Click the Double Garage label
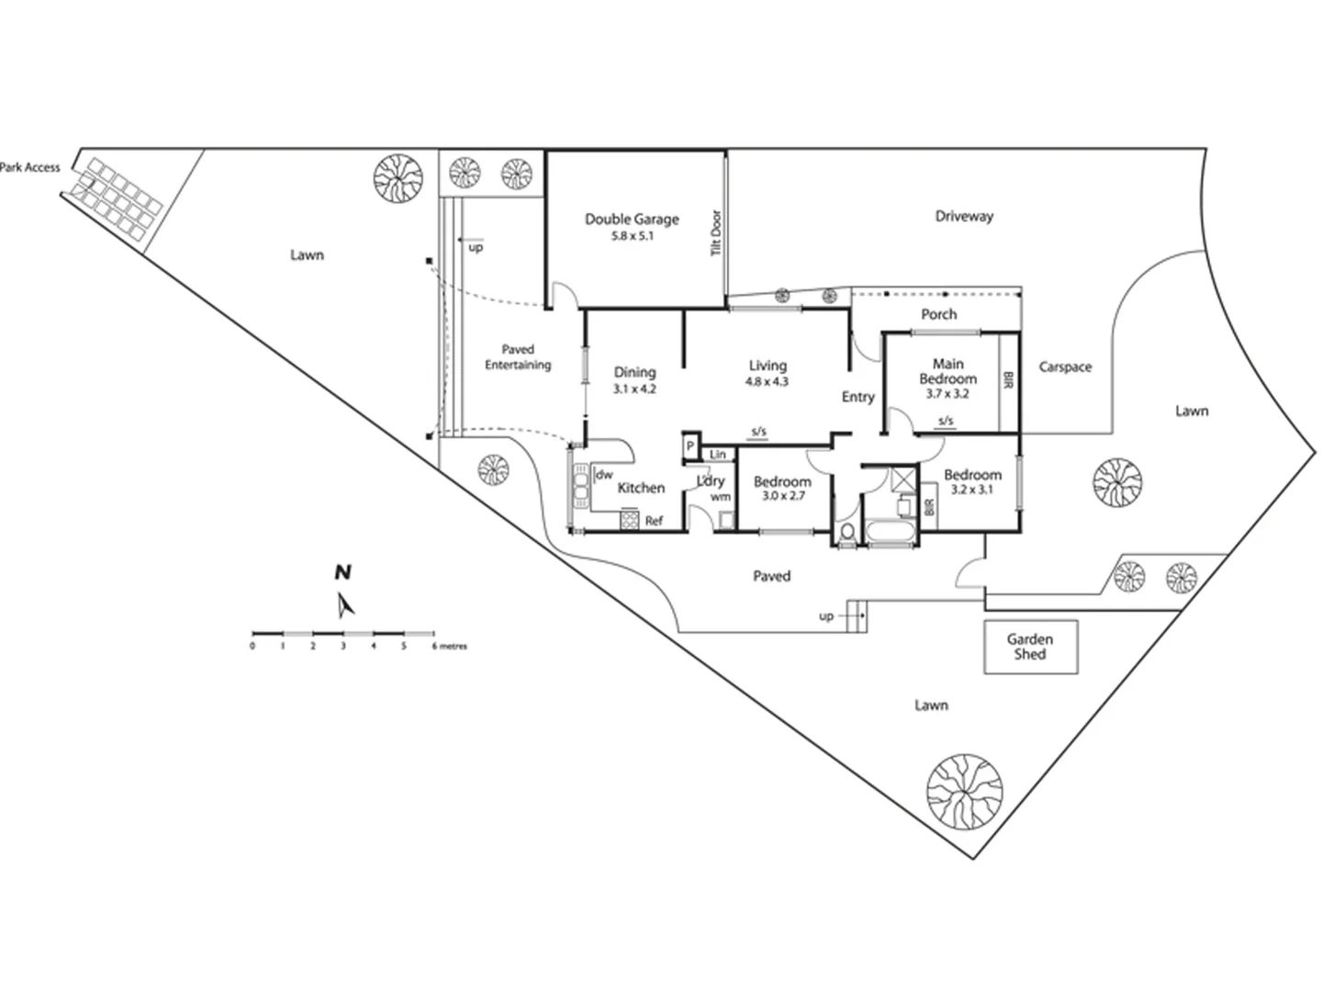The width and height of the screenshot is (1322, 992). click(632, 219)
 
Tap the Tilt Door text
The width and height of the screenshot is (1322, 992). click(717, 233)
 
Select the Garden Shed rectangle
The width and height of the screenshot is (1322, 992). click(1030, 647)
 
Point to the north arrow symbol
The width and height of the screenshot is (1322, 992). click(345, 604)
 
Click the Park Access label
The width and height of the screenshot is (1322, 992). click(30, 167)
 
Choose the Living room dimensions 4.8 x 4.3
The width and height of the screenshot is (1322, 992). click(767, 381)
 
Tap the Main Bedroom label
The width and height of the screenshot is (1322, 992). click(947, 371)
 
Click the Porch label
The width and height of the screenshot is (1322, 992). click(938, 314)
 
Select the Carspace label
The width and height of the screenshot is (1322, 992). click(1065, 366)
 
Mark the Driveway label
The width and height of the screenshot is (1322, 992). click(964, 217)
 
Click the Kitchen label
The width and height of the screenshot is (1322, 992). click(641, 488)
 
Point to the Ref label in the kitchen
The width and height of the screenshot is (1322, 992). click(654, 521)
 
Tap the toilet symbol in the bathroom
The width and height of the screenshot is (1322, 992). click(846, 534)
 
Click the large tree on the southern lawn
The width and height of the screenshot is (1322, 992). click(964, 791)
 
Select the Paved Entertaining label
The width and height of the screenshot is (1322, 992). click(518, 357)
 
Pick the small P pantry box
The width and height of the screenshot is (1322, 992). click(689, 446)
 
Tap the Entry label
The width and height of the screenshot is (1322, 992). click(857, 397)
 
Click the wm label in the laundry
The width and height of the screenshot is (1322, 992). click(720, 497)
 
